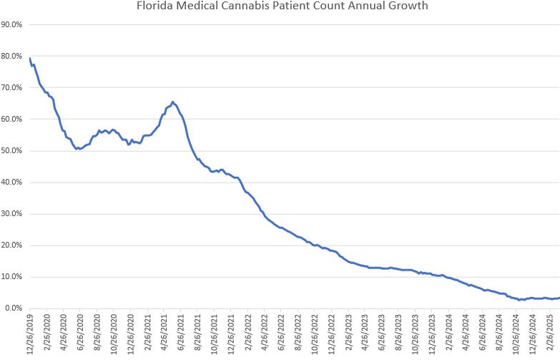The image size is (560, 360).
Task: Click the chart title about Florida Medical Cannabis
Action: click(x=280, y=7)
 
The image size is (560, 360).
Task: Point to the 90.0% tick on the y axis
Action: click(x=12, y=24)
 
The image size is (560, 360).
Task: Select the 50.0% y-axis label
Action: click(x=12, y=151)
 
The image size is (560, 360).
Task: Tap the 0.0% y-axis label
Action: click(x=14, y=308)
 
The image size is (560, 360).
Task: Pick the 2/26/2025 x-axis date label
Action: click(x=550, y=334)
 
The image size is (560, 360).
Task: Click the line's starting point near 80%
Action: click(x=30, y=58)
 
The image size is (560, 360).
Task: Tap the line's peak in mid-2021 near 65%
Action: click(x=173, y=102)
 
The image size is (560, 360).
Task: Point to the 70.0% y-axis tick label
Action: click(x=12, y=87)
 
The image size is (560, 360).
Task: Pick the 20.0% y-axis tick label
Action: click(x=12, y=245)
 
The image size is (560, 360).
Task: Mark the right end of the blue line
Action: click(x=559, y=298)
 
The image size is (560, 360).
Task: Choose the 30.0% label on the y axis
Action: click(x=12, y=214)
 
